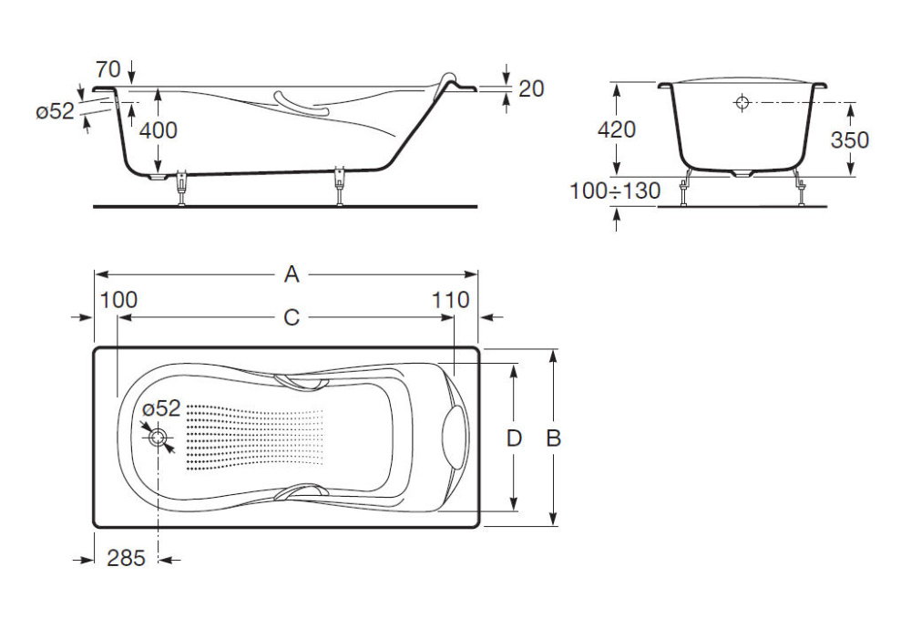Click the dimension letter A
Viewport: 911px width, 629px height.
(x=292, y=273)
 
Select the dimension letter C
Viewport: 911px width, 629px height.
(x=292, y=317)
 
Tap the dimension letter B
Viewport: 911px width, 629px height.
(x=554, y=438)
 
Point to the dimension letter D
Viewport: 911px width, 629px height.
(x=514, y=438)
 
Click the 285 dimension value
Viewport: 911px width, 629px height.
(x=126, y=558)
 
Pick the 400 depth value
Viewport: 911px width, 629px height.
(x=158, y=130)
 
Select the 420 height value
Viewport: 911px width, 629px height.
(x=617, y=129)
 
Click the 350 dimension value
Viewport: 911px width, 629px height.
(x=849, y=139)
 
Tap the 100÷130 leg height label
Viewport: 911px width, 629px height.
(x=615, y=191)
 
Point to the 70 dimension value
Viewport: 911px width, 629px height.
(x=108, y=69)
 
